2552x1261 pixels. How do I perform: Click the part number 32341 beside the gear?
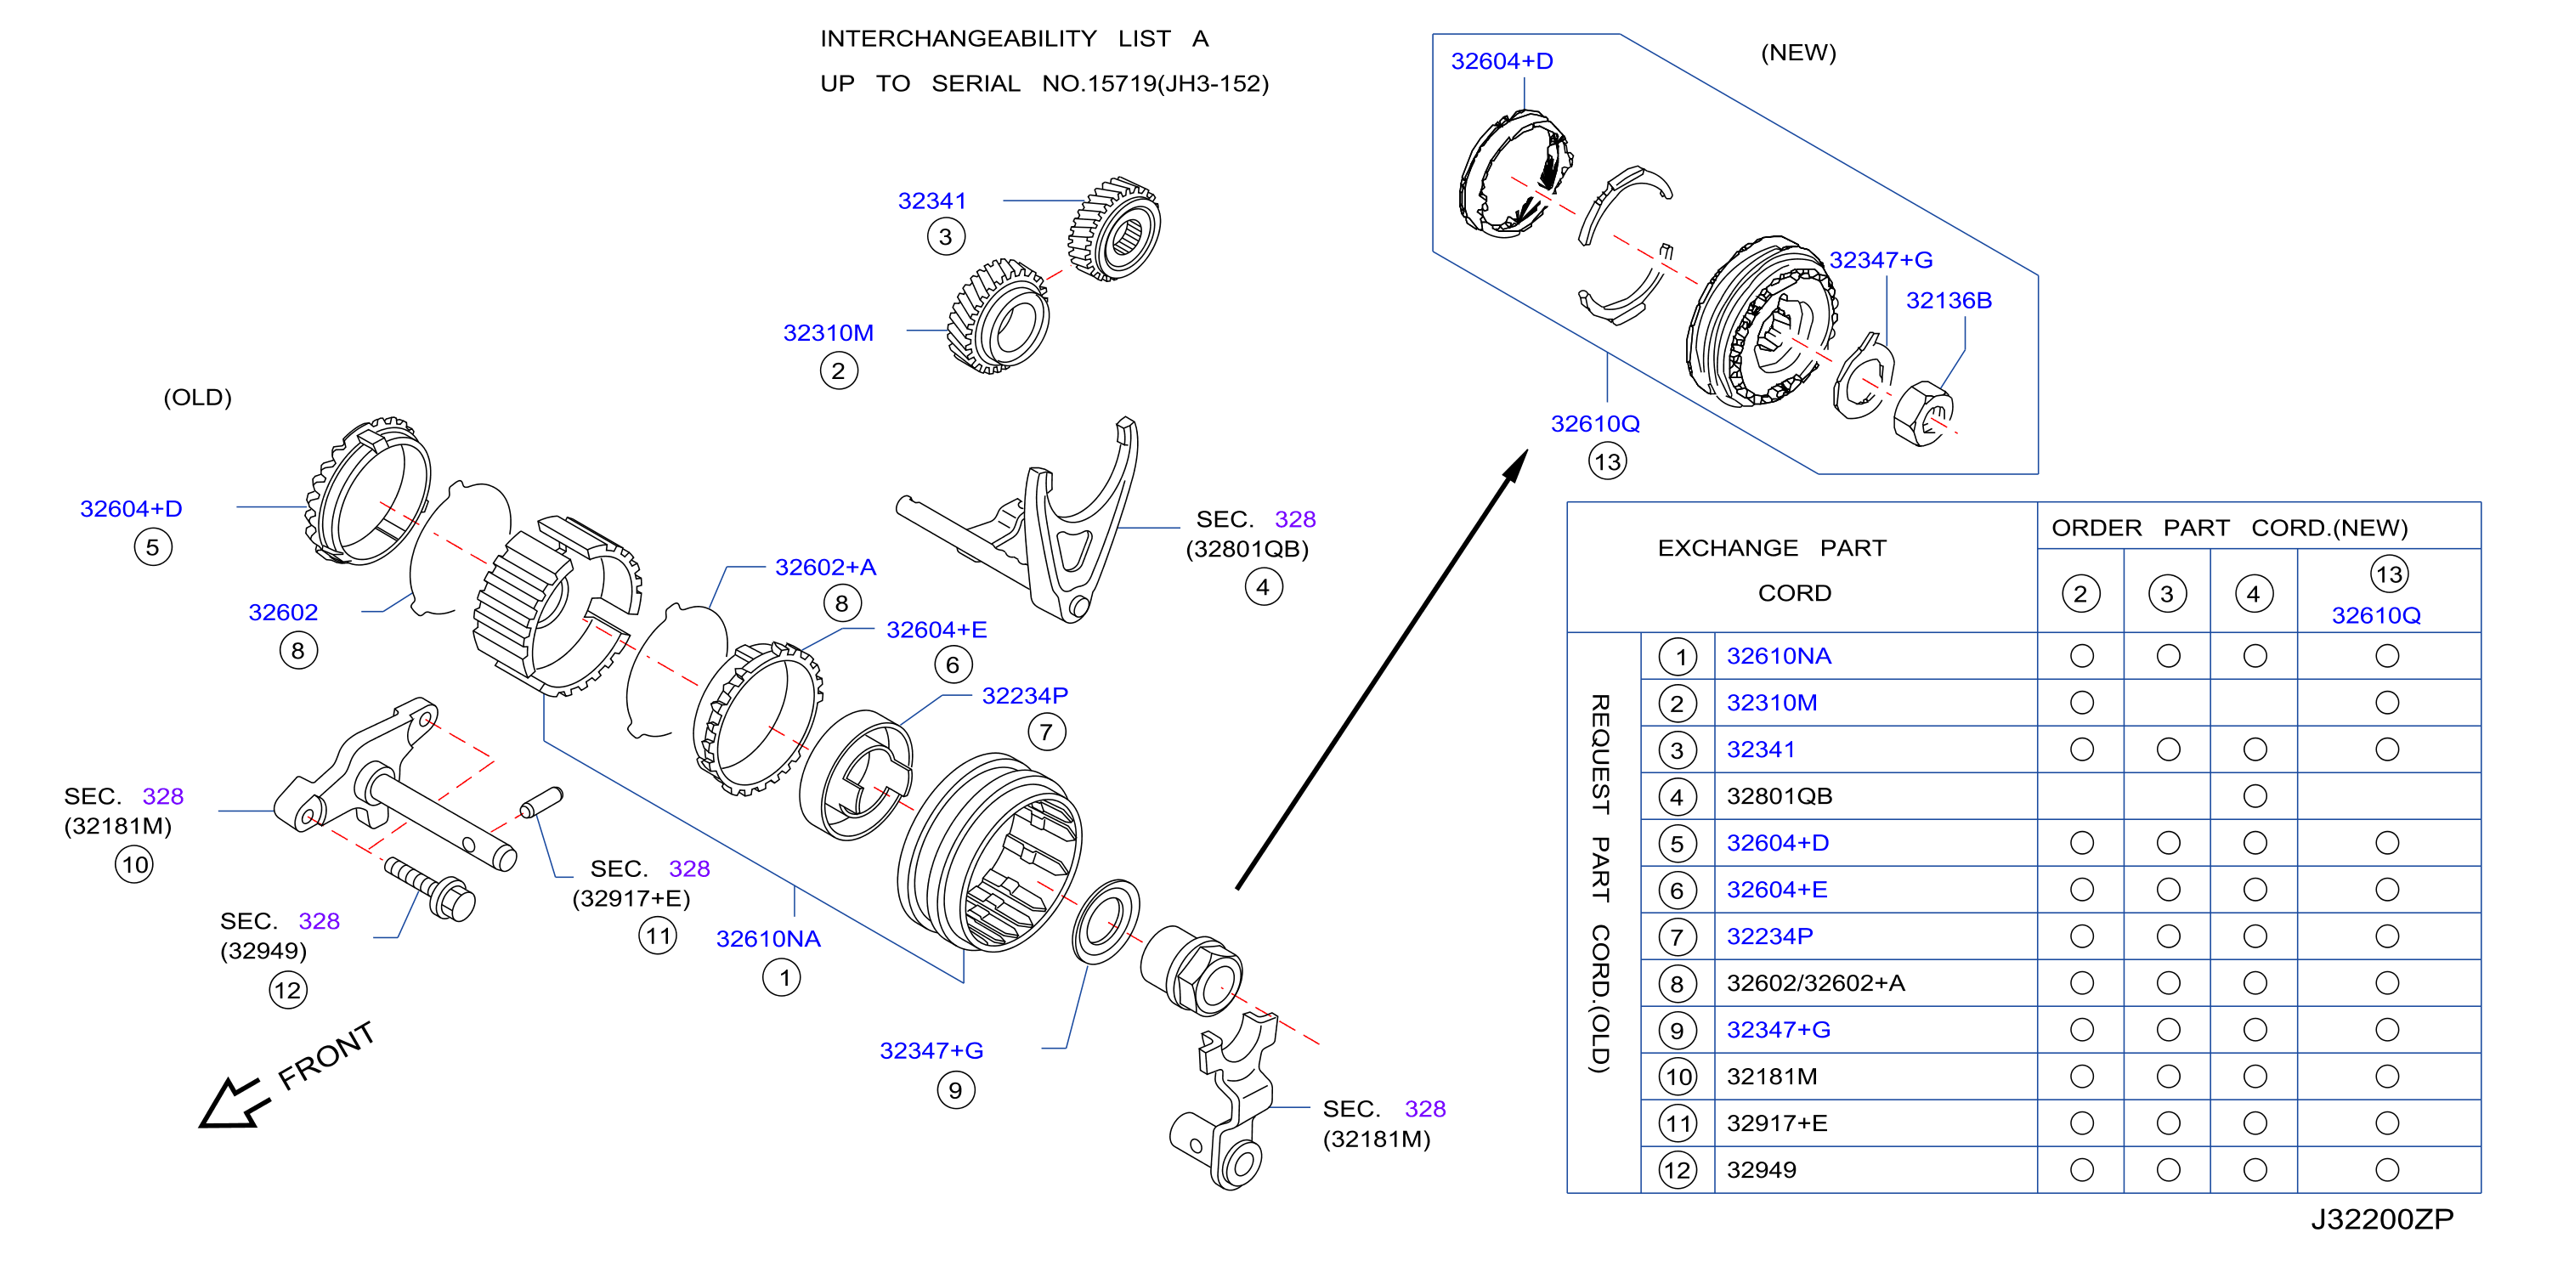pyautogui.click(x=931, y=201)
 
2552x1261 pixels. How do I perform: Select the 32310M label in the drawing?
pyautogui.click(x=829, y=333)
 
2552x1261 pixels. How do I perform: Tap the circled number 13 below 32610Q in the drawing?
pyautogui.click(x=1607, y=461)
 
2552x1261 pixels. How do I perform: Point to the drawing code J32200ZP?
pyautogui.click(x=2381, y=1219)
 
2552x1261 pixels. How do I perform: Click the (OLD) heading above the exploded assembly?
pyautogui.click(x=197, y=397)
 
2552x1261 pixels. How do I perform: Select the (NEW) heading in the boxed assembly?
pyautogui.click(x=1798, y=53)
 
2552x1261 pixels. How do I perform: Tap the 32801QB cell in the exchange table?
pyautogui.click(x=1780, y=796)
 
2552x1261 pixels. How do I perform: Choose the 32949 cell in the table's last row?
pyautogui.click(x=1762, y=1170)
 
